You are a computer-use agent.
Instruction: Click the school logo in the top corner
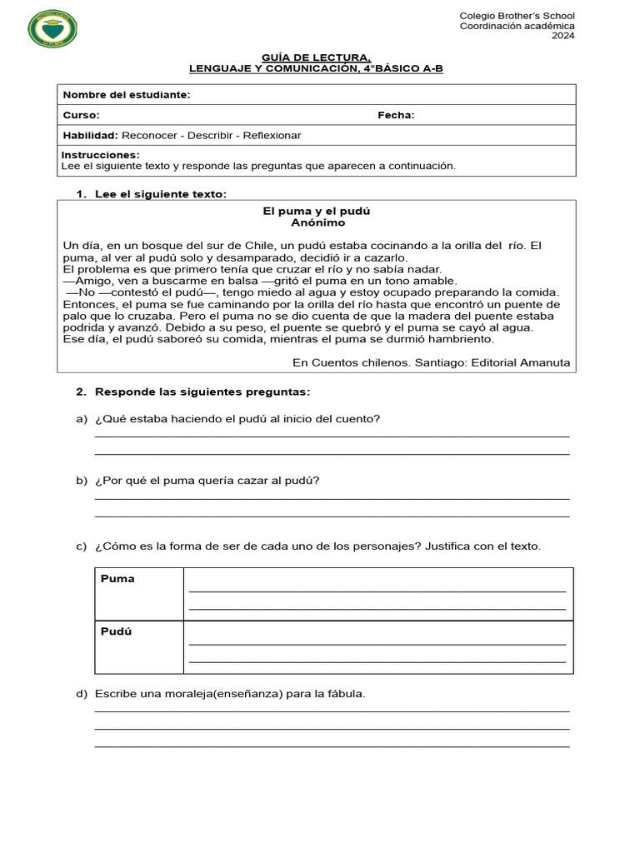coord(53,29)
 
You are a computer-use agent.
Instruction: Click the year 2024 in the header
coord(562,36)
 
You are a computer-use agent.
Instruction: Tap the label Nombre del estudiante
coord(127,95)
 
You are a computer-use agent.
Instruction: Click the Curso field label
coord(81,115)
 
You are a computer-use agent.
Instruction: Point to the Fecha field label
coord(396,115)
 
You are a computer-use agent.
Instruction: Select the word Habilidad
coord(90,135)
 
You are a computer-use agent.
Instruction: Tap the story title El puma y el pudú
coord(317,212)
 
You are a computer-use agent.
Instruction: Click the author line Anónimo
coord(317,223)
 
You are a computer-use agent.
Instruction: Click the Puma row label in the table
coord(117,579)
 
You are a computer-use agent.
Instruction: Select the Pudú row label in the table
coord(117,631)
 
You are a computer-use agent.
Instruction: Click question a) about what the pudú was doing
coord(237,418)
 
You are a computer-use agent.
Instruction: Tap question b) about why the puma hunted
coord(207,481)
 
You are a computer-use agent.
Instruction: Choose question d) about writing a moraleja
coord(230,694)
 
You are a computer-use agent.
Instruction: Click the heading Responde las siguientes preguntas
coord(202,392)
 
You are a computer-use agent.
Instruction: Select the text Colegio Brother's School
coord(517,16)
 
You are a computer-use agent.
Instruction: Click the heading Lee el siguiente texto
coord(160,194)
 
